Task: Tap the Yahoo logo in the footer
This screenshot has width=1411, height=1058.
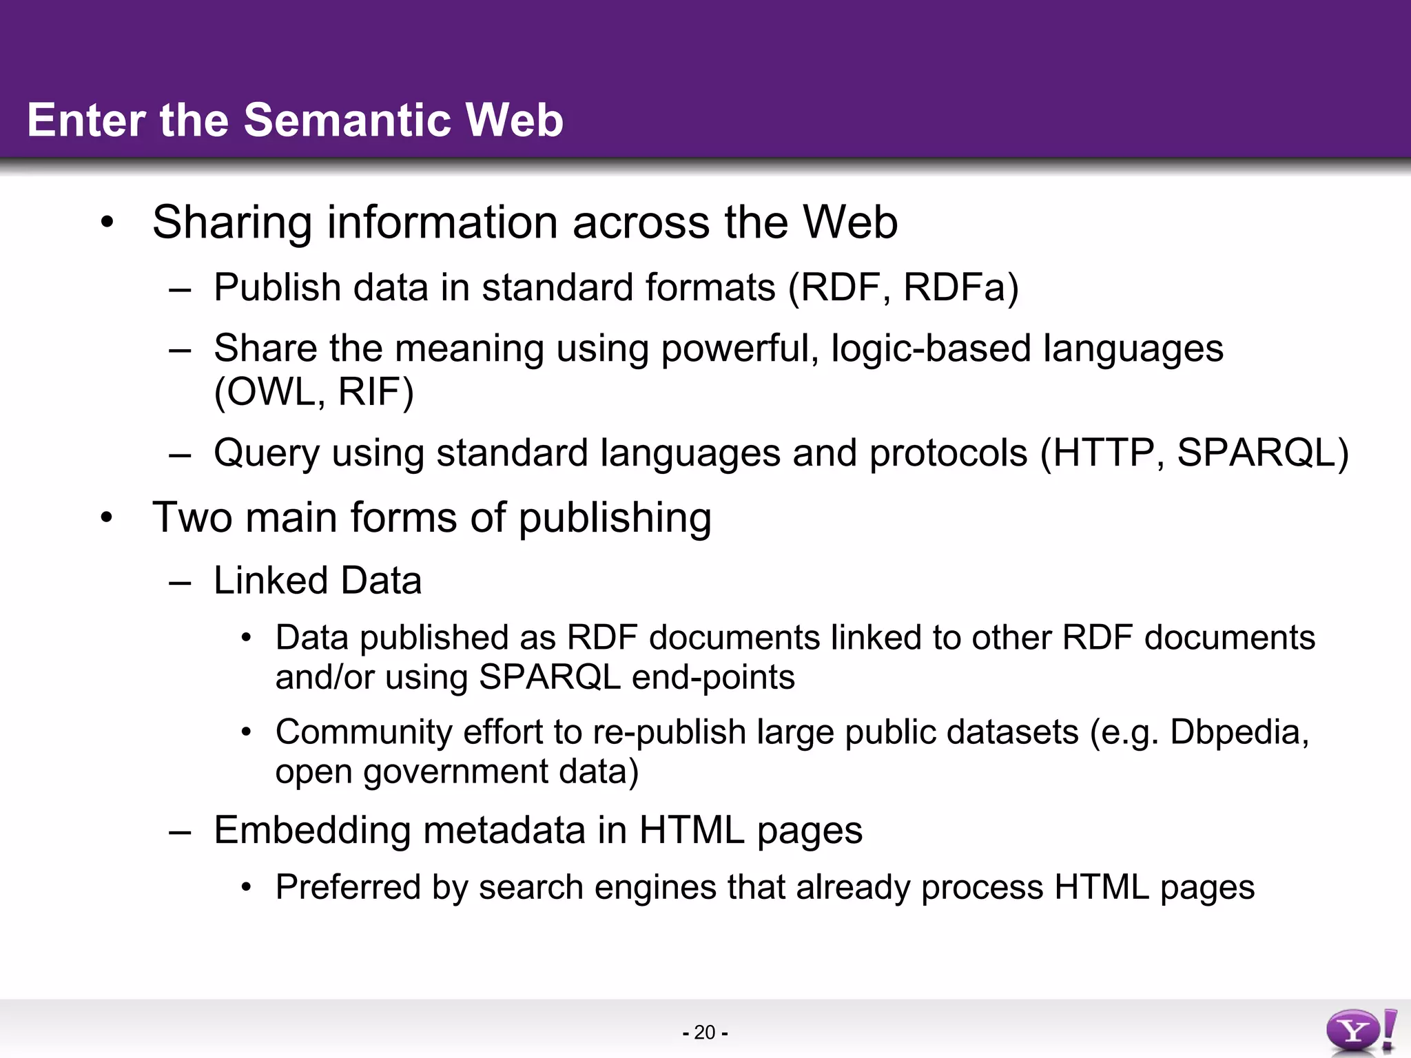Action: pyautogui.click(x=1360, y=1030)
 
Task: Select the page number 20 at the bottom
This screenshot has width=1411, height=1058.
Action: pyautogui.click(x=705, y=1033)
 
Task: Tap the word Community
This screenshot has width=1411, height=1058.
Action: pyautogui.click(x=363, y=732)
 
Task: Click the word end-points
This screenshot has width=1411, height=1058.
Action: pyautogui.click(x=713, y=678)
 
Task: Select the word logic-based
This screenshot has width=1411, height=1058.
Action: pyautogui.click(x=930, y=349)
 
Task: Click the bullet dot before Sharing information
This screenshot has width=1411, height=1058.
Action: pyautogui.click(x=106, y=222)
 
